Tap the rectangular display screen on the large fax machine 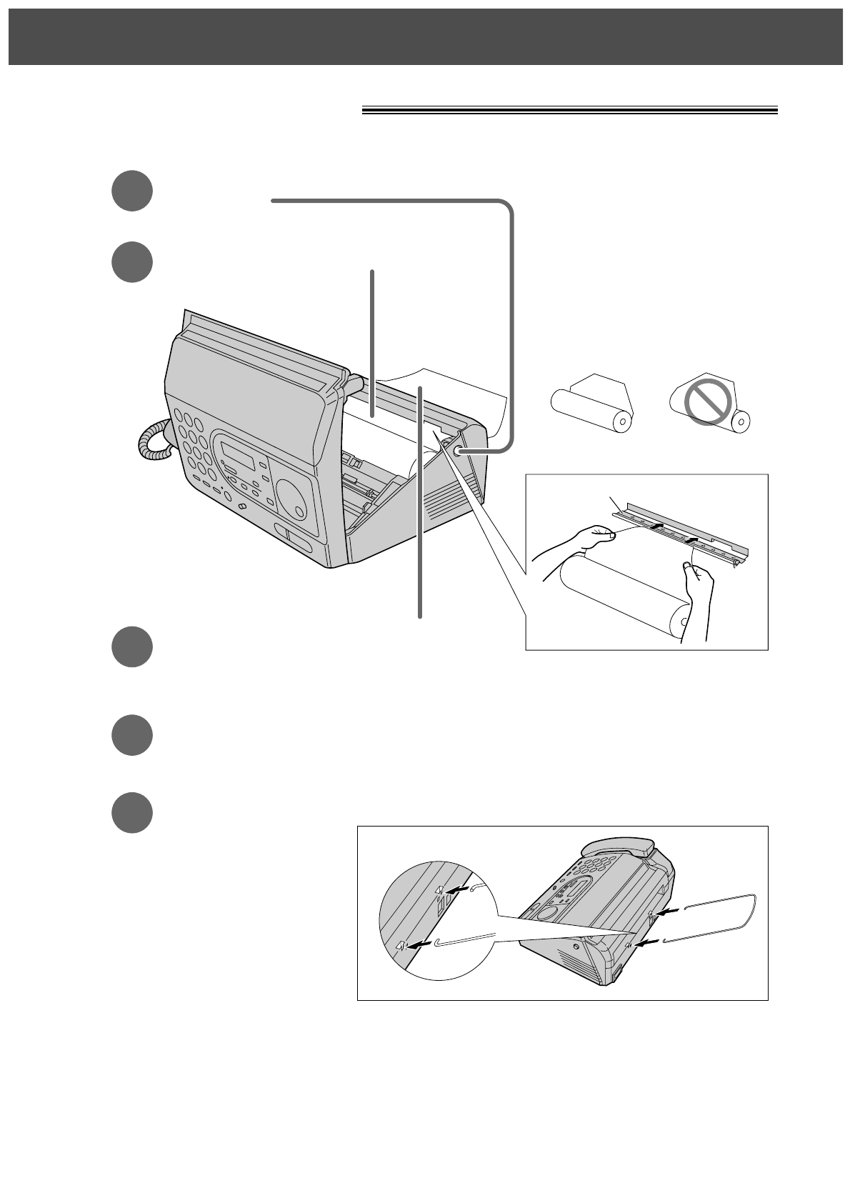point(238,454)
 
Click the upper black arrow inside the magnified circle point(456,890)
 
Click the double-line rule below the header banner point(569,111)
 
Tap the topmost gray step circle point(132,191)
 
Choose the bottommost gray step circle point(132,812)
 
